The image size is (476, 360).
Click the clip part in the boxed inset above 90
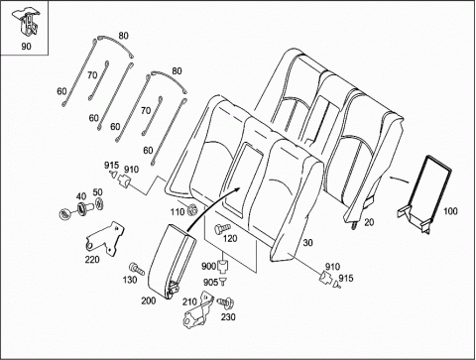[26, 22]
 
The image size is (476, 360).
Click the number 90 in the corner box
[26, 47]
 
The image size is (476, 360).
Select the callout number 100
[450, 211]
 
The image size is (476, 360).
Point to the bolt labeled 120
[222, 228]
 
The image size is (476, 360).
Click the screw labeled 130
[137, 269]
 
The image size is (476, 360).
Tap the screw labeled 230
[226, 302]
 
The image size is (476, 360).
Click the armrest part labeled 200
[172, 261]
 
